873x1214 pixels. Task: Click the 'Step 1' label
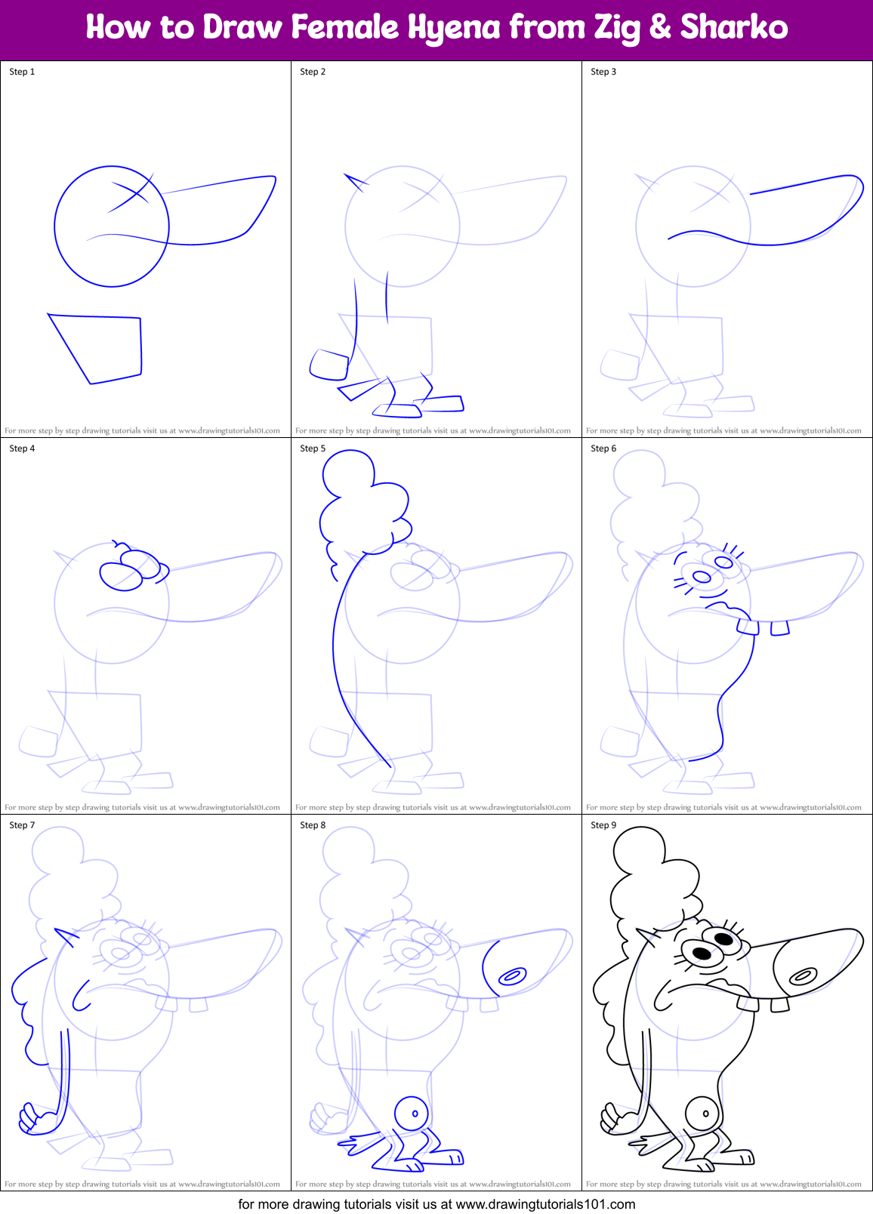click(22, 72)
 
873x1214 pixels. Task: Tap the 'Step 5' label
click(313, 448)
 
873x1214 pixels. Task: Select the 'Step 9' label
click(603, 825)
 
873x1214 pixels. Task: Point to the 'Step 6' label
click(603, 448)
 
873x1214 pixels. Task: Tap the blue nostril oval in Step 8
click(512, 976)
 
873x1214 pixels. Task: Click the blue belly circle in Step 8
click(412, 1113)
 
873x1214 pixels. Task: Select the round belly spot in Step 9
click(702, 1113)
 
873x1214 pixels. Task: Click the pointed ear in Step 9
click(649, 938)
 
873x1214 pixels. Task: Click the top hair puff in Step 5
click(347, 473)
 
